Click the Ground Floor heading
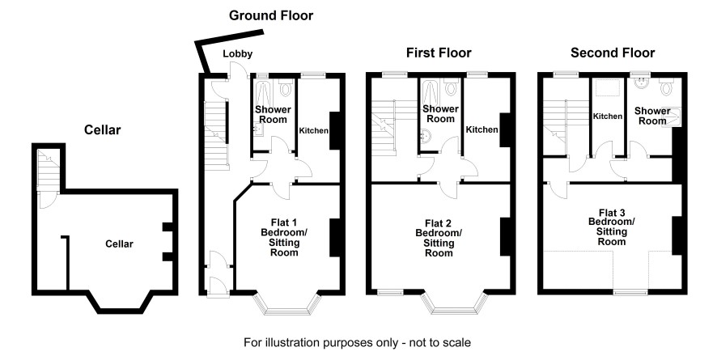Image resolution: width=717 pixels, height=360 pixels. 271,15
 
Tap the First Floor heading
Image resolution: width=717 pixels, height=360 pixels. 439,53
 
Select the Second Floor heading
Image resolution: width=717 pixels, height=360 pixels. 613,53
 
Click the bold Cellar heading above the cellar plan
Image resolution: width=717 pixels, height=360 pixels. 103,129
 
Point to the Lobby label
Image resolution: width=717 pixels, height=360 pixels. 237,54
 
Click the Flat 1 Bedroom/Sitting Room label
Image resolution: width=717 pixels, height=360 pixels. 284,238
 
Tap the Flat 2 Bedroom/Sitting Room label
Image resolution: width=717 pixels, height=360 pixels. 439,238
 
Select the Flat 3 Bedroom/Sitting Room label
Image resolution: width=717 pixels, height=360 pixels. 611,227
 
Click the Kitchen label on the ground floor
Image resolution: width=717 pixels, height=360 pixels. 314,131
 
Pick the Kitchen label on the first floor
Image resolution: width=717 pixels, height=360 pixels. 482,129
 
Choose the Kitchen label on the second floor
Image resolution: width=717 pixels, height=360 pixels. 608,116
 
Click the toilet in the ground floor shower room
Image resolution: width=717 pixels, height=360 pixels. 286,87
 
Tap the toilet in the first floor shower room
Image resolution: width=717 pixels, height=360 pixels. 452,87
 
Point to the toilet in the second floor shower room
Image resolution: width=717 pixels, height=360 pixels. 666,86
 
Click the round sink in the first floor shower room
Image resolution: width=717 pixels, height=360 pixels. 426,135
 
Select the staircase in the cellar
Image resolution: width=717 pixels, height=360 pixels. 48,169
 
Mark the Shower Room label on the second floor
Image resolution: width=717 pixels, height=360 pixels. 652,116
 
